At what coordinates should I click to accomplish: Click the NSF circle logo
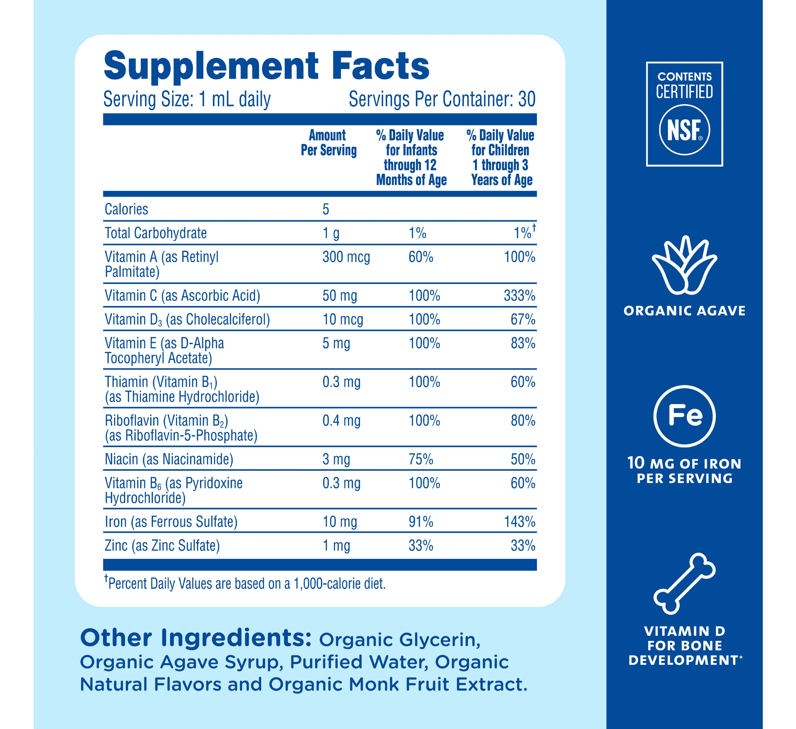click(684, 130)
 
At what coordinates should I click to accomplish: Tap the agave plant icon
click(684, 265)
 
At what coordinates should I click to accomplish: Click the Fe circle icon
click(684, 416)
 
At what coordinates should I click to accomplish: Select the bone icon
click(684, 584)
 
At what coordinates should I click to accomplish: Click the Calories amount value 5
click(326, 209)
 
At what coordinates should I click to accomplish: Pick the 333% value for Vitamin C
click(519, 296)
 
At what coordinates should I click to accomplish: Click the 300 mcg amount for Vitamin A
click(346, 257)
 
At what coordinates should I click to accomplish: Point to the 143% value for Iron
click(519, 522)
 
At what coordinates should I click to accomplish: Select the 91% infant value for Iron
click(421, 522)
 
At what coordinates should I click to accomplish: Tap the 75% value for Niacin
click(421, 459)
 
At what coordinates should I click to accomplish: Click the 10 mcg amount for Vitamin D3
click(343, 320)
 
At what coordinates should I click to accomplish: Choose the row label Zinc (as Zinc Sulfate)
click(162, 546)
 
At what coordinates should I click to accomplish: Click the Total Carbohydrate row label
click(156, 233)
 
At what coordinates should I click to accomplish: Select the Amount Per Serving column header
click(328, 143)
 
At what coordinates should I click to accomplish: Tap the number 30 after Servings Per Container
click(527, 99)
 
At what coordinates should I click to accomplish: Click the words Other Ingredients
click(196, 638)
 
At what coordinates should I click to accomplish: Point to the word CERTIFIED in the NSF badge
click(684, 92)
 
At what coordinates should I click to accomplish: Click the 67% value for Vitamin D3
click(523, 320)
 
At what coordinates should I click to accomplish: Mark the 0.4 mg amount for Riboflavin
click(341, 420)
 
